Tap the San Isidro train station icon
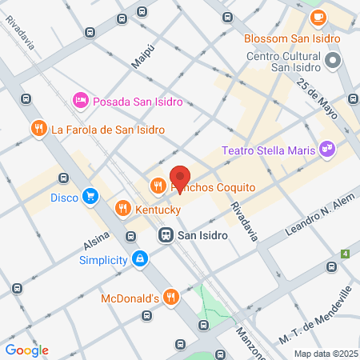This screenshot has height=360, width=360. click(166, 235)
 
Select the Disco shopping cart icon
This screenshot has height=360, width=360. click(90, 196)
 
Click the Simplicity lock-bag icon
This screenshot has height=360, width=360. click(140, 259)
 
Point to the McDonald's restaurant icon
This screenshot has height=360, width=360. click(170, 298)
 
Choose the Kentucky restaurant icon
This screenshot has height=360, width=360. click(122, 209)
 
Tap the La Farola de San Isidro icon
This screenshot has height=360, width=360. click(38, 129)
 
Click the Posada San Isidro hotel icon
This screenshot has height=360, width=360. click(80, 101)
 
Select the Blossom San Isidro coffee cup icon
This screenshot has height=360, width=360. click(318, 16)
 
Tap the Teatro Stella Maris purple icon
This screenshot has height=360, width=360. click(326, 147)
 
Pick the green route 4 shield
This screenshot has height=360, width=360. click(345, 254)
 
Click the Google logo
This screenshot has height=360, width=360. click(26, 350)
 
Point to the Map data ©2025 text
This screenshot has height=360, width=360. click(325, 354)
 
